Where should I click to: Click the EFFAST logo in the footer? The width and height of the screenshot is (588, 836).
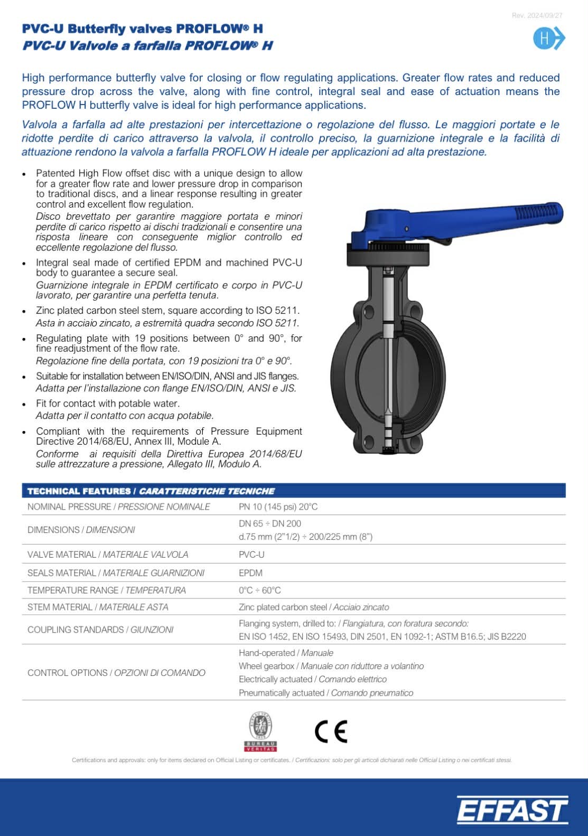pyautogui.click(x=512, y=809)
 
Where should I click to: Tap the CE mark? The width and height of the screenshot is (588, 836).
pyautogui.click(x=331, y=731)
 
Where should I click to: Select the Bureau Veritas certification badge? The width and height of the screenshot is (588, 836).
pyautogui.click(x=260, y=731)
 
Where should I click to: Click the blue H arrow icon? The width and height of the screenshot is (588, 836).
pyautogui.click(x=549, y=39)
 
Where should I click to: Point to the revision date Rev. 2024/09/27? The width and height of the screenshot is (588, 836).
pyautogui.click(x=537, y=15)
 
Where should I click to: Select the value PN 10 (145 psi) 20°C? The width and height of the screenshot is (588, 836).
pyautogui.click(x=278, y=507)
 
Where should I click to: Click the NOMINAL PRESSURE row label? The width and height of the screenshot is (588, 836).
pyautogui.click(x=118, y=507)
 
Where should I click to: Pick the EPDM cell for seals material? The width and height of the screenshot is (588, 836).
pyautogui.click(x=250, y=572)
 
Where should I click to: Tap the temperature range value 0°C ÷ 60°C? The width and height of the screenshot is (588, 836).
pyautogui.click(x=259, y=590)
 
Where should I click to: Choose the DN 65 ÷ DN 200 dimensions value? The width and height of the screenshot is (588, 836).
pyautogui.click(x=269, y=523)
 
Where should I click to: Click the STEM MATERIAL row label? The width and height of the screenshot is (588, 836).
pyautogui.click(x=98, y=607)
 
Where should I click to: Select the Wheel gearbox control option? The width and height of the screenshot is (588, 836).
pyautogui.click(x=331, y=666)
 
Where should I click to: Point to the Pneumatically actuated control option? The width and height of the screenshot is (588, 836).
pyautogui.click(x=325, y=693)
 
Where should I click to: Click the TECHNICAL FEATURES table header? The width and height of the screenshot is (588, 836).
pyautogui.click(x=151, y=491)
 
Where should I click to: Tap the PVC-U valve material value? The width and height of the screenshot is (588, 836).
pyautogui.click(x=251, y=555)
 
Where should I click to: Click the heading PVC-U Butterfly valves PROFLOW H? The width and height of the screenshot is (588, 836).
pyautogui.click(x=142, y=29)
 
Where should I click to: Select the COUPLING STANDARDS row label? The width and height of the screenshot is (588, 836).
pyautogui.click(x=100, y=630)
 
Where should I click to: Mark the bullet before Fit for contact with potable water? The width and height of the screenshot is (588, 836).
pyautogui.click(x=24, y=404)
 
